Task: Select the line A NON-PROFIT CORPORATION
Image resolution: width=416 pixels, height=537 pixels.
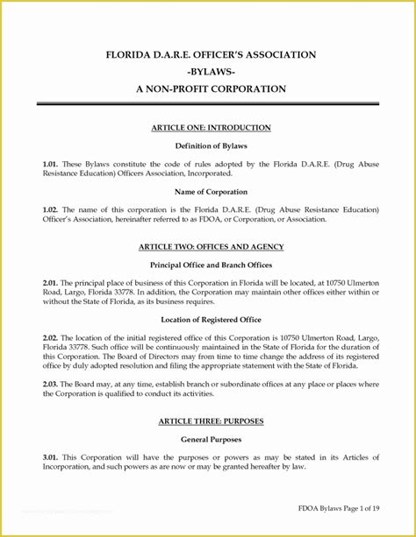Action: tap(211, 89)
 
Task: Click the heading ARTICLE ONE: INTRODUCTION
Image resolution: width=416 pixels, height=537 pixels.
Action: tap(211, 128)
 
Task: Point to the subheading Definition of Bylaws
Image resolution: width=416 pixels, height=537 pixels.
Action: tap(211, 145)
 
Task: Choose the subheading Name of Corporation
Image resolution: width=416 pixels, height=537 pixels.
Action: tap(211, 191)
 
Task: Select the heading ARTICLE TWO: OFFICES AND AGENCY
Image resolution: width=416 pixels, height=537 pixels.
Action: tap(211, 247)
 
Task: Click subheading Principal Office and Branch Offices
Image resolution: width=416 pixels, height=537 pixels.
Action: tap(211, 265)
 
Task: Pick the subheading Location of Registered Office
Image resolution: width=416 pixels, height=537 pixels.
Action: tap(211, 320)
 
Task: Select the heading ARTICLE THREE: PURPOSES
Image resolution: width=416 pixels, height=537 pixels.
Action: tap(211, 421)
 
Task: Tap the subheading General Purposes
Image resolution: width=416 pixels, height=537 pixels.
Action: tap(211, 439)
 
